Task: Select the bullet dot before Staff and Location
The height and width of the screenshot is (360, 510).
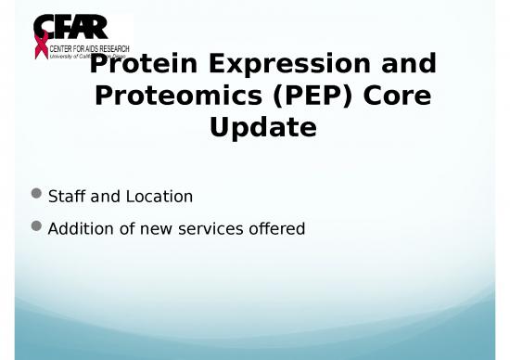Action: tap(36, 195)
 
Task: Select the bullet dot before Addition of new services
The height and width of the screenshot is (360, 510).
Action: tap(36, 227)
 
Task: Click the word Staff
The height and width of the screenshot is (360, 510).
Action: tap(66, 197)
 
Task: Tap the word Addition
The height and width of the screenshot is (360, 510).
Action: tap(79, 228)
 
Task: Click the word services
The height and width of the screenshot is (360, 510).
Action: tap(204, 228)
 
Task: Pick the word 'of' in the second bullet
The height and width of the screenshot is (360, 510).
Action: tap(122, 228)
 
